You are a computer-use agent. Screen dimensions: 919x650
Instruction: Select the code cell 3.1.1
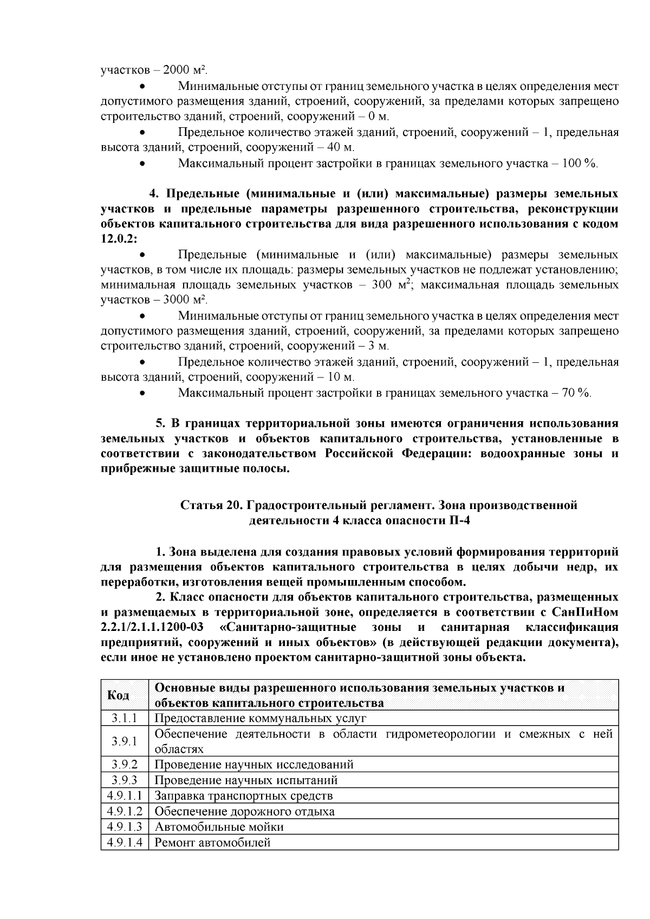point(124,719)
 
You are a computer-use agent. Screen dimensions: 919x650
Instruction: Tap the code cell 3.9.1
point(124,741)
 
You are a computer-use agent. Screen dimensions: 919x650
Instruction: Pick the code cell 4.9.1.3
point(124,827)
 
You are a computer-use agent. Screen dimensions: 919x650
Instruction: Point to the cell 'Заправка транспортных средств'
point(244,796)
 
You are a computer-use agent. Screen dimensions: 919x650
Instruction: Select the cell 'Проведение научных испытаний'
point(246,780)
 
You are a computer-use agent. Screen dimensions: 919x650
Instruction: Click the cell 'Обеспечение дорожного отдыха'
point(244,811)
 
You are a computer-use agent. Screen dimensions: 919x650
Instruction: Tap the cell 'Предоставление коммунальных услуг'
point(261,719)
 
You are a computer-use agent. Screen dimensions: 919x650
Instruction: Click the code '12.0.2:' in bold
point(119,239)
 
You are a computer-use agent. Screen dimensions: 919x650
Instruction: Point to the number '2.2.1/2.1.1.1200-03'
point(155,628)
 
